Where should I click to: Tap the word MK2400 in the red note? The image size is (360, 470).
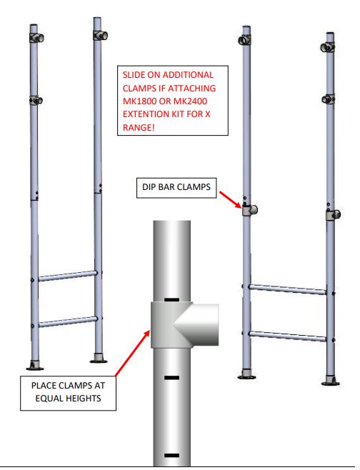pos(190,101)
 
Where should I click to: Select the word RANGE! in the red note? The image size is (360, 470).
pos(139,127)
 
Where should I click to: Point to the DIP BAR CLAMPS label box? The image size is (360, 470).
pos(176,188)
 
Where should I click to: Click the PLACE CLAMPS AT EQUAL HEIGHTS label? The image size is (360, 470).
pos(68,393)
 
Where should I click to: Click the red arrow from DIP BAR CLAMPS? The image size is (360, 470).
pos(230,199)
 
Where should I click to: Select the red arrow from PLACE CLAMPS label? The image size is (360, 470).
pos(132,353)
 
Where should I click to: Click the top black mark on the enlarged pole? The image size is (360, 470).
pos(171,299)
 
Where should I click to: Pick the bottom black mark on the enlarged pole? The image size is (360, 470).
pos(171,456)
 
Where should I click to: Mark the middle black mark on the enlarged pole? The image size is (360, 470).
pos(171,378)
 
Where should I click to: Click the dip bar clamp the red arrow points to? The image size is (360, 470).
pos(250,210)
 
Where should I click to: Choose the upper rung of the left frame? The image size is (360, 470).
pos(68,276)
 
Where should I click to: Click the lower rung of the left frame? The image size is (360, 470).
pos(68,322)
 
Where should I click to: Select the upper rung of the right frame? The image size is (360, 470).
pos(288,289)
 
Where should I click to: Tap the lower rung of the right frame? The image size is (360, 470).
pos(288,336)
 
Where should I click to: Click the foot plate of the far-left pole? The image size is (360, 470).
pos(35,366)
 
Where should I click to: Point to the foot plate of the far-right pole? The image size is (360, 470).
pos(331,381)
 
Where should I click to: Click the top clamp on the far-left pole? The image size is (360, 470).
pos(36,38)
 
